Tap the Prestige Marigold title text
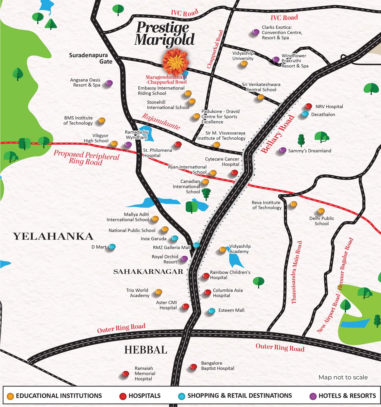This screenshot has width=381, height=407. coord(164,33)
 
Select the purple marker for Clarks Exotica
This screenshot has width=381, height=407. coord(256,32)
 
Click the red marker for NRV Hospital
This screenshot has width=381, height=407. coord(308,106)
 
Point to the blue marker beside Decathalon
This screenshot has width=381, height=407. coord(305,114)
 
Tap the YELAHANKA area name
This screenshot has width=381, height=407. coord(53,236)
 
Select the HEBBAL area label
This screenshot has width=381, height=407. coord(146,350)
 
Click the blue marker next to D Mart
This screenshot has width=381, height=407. coord(112,246)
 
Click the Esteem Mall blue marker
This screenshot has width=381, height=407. coord(212,311)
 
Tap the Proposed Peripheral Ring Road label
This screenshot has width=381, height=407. coord(86,158)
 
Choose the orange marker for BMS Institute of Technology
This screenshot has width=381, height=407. coord(102,120)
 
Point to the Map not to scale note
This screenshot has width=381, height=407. coord(343,377)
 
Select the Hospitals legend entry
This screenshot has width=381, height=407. coord(140,396)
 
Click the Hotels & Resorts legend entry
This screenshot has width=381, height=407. coord(343,396)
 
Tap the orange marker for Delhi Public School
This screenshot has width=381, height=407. coord(321,211)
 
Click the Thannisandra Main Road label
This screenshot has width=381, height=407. coord(296,272)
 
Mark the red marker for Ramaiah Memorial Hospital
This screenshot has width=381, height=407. coord(125,374)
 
